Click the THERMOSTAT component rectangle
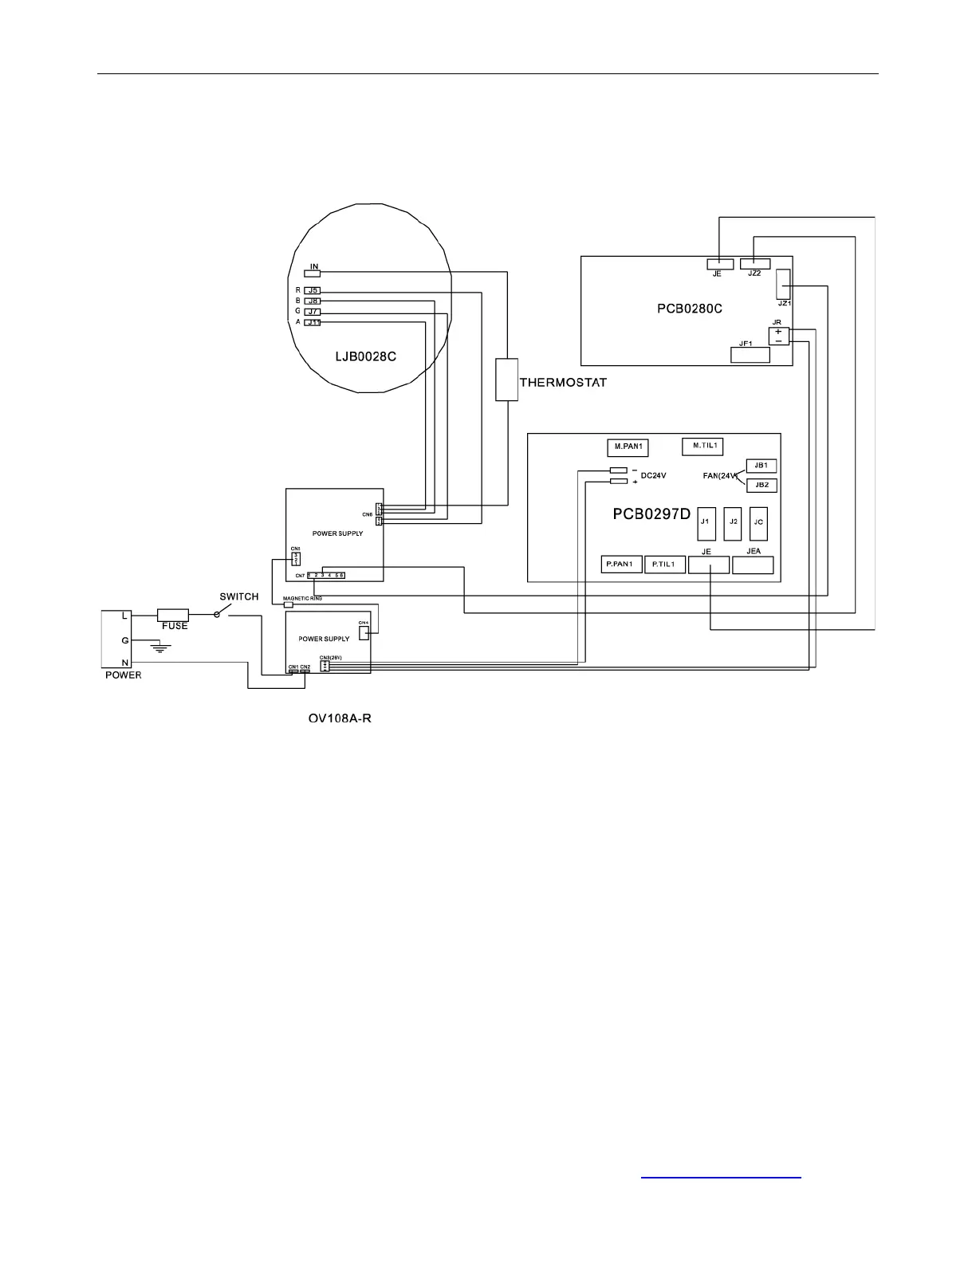[506, 380]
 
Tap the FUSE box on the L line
[173, 615]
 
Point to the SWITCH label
[239, 596]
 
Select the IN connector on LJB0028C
[313, 273]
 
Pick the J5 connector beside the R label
[313, 291]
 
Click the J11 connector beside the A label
[313, 322]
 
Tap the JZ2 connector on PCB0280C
[755, 264]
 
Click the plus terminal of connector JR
[778, 332]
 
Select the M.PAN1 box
[628, 447]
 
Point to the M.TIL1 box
[702, 447]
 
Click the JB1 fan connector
[761, 466]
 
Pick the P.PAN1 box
[620, 565]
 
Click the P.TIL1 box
[664, 565]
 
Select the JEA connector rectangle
[753, 565]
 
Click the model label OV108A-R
[340, 719]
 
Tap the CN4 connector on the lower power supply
[364, 633]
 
